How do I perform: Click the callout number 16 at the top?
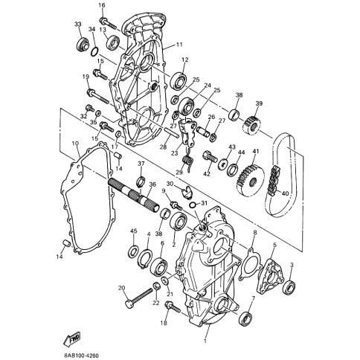[x=102, y=6]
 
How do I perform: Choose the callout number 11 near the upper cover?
[x=179, y=45]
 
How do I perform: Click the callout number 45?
[x=134, y=232]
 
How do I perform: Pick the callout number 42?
[x=208, y=173]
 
